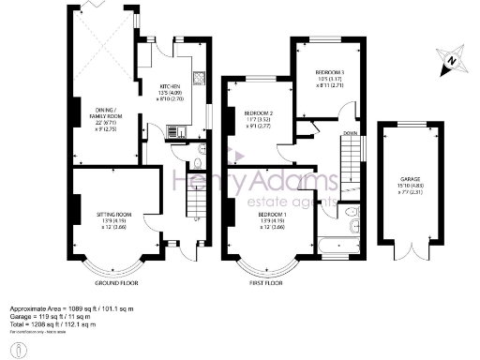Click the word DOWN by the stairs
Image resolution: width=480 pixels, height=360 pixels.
coord(352,133)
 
